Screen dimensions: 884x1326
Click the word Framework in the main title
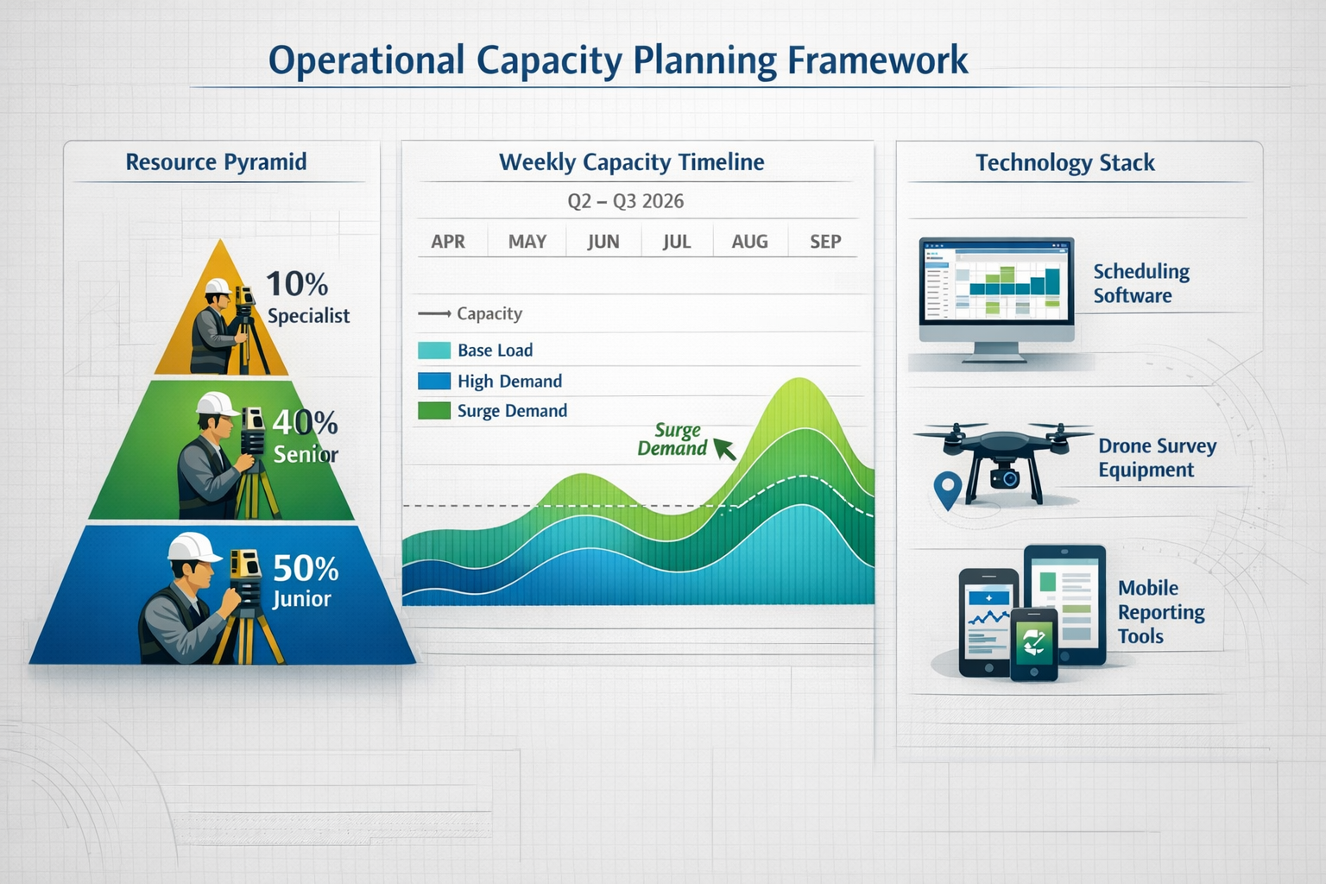(x=877, y=61)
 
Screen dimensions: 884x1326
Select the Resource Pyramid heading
(x=216, y=162)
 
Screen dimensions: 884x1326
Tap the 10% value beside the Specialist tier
(x=296, y=284)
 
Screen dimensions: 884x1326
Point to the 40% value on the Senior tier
(x=305, y=422)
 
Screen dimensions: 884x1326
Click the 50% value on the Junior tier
(x=306, y=568)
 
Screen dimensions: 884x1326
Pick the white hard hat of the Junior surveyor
(x=194, y=547)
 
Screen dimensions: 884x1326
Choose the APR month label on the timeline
(x=448, y=242)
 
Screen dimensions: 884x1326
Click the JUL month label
(x=677, y=242)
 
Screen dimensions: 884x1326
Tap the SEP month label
(x=825, y=242)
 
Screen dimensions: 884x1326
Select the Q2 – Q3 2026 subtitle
(x=625, y=201)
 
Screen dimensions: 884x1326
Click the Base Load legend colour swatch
(x=434, y=350)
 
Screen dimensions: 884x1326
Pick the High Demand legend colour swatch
(x=434, y=381)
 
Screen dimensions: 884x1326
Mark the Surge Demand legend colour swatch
(x=434, y=411)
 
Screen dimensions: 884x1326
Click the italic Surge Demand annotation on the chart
(x=673, y=439)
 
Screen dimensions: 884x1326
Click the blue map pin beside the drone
(x=948, y=489)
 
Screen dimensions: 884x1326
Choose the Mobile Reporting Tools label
(x=1160, y=612)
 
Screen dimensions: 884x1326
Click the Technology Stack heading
(x=1064, y=163)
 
